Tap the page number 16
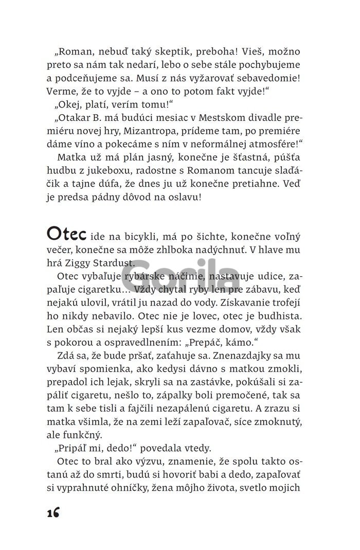[x=52, y=513]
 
